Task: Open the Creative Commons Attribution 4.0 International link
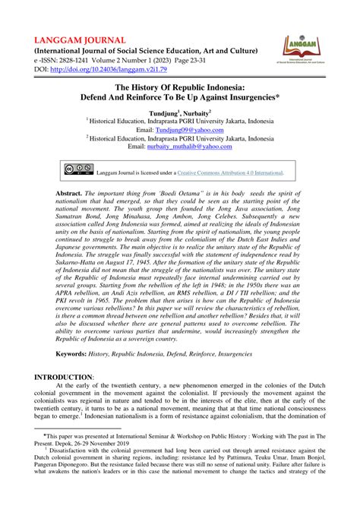pos(229,172)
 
